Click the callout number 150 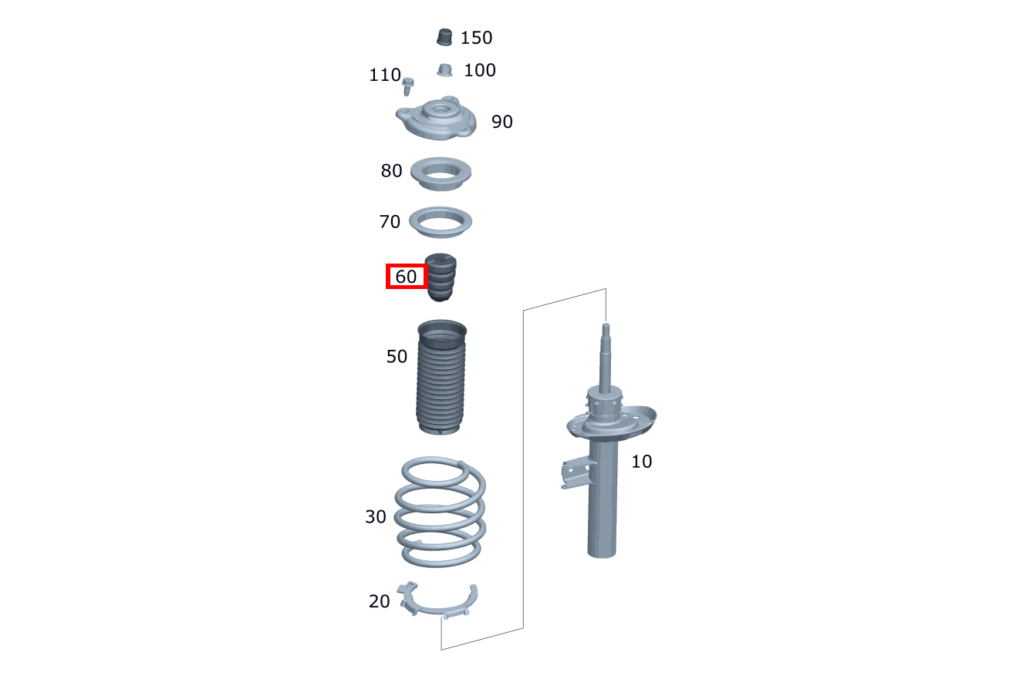[x=476, y=38]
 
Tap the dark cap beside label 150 [x=444, y=38]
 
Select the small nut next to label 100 [x=444, y=70]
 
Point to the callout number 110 [x=384, y=75]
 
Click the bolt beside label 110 [x=407, y=86]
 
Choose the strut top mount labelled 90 [x=436, y=119]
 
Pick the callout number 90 [x=502, y=122]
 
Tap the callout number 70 [x=390, y=222]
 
